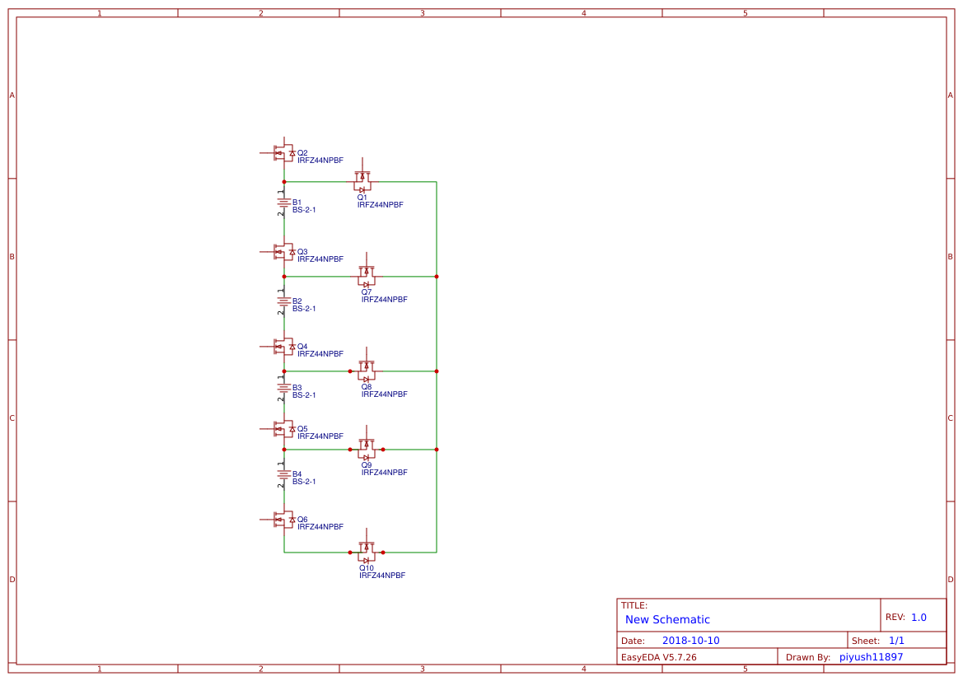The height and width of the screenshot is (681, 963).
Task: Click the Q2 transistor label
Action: (302, 153)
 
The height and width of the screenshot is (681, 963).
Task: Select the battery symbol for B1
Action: (283, 203)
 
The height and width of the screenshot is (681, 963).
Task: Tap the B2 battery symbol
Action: (283, 301)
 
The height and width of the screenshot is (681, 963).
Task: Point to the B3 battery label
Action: (297, 387)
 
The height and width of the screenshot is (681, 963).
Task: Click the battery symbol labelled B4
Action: (283, 474)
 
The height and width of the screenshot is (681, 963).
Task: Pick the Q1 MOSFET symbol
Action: (362, 178)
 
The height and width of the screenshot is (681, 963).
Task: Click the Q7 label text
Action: (367, 292)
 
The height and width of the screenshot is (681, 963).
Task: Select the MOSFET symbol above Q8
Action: (367, 367)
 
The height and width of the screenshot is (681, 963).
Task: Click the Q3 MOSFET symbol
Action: (283, 251)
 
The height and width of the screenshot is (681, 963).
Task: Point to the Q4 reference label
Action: (302, 347)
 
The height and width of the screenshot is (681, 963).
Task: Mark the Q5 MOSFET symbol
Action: (283, 428)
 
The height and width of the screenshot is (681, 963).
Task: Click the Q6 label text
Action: (302, 520)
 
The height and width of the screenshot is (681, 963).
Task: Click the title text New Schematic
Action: (667, 619)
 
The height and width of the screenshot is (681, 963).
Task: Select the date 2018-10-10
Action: (690, 641)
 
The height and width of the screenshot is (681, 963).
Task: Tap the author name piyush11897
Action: (871, 657)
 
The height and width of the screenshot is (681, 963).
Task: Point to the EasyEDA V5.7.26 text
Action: (658, 657)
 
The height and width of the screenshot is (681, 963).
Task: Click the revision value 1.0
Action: (919, 617)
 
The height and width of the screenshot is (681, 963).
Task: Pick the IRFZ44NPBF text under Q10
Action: (382, 576)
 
